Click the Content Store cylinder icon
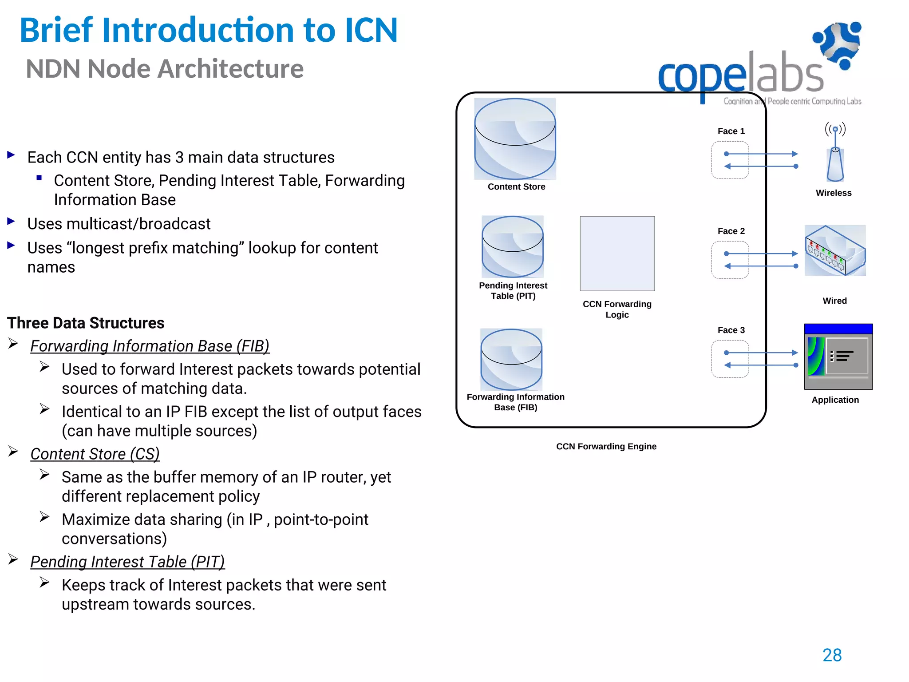(515, 139)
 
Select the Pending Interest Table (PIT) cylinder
(513, 247)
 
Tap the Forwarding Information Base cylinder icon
(511, 360)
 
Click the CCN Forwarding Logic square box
(617, 254)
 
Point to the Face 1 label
(731, 131)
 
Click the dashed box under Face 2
(730, 260)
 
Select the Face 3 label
(731, 330)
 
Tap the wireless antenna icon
(835, 153)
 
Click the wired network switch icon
(835, 250)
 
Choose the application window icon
(838, 357)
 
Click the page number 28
(832, 655)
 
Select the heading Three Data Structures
(86, 323)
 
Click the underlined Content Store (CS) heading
(95, 454)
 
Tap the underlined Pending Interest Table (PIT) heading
(127, 562)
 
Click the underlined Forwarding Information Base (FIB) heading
(150, 346)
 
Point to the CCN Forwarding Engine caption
(606, 447)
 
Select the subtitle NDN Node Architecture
(165, 69)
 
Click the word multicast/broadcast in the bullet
(138, 224)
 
